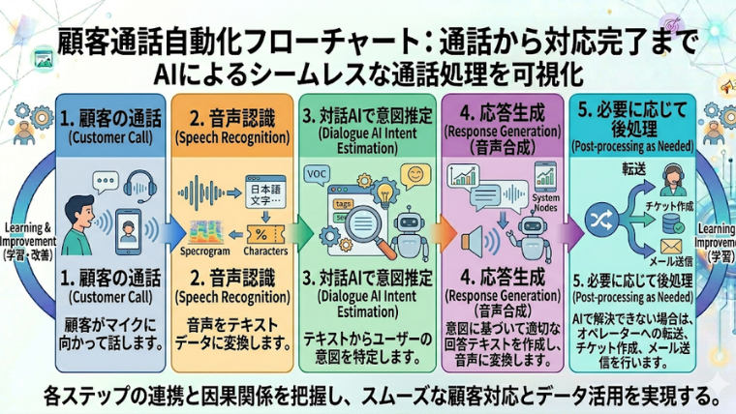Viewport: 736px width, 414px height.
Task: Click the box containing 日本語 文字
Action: [265, 193]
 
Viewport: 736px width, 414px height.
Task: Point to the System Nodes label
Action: [547, 204]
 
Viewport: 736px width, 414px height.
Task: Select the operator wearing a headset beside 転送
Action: [669, 178]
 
